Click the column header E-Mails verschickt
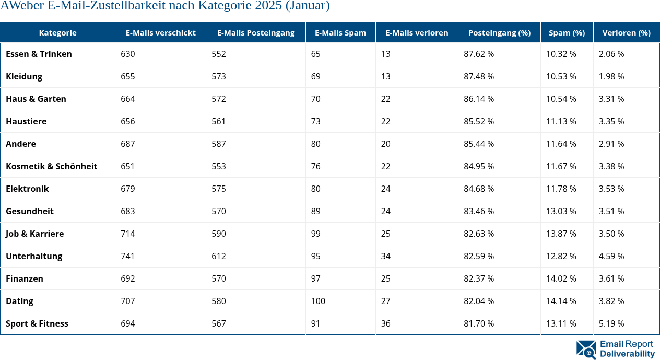pyautogui.click(x=160, y=32)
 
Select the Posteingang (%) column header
pyautogui.click(x=499, y=32)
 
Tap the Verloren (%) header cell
pyautogui.click(x=626, y=32)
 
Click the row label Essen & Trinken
pyautogui.click(x=39, y=54)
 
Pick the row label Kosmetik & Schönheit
pyautogui.click(x=51, y=166)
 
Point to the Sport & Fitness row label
pyautogui.click(x=37, y=323)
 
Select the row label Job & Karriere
pyautogui.click(x=34, y=234)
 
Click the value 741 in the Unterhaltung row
pyautogui.click(x=127, y=256)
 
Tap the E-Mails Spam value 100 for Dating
pyautogui.click(x=317, y=301)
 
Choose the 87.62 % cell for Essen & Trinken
pyautogui.click(x=479, y=54)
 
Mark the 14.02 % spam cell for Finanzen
pyautogui.click(x=561, y=278)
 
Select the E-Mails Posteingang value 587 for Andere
pyautogui.click(x=219, y=144)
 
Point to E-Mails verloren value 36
pyautogui.click(x=385, y=323)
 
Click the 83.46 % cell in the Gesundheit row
pyautogui.click(x=479, y=211)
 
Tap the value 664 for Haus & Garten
pyautogui.click(x=127, y=99)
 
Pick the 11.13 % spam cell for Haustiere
pyautogui.click(x=561, y=121)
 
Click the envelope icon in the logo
pyautogui.click(x=586, y=350)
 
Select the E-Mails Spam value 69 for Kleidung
pyautogui.click(x=315, y=76)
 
